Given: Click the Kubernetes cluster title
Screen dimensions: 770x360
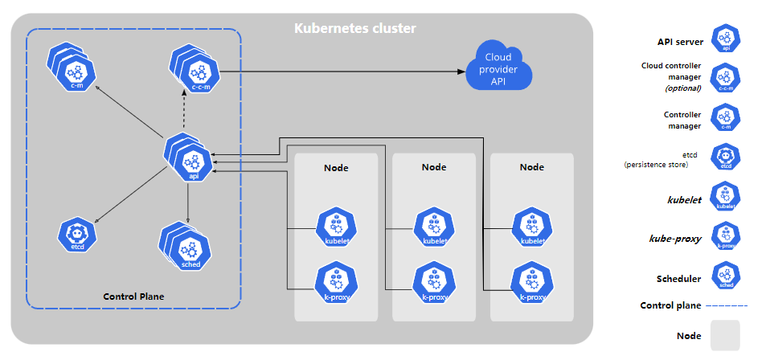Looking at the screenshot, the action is [x=355, y=28].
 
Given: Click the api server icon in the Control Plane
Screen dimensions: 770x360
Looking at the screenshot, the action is [x=189, y=157].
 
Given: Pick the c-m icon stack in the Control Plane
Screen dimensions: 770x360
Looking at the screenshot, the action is [x=72, y=67].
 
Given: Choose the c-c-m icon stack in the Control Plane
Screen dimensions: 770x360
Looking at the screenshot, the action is [x=194, y=68].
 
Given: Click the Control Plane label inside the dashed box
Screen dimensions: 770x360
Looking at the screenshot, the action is [x=133, y=297].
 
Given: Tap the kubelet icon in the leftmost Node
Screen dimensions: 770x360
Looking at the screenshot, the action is [x=337, y=229].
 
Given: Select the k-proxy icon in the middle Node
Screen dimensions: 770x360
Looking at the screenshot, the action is [x=434, y=284].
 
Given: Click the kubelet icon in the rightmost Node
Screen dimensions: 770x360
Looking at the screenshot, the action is [x=532, y=229].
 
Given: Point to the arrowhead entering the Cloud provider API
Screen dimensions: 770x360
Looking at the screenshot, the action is [x=461, y=72].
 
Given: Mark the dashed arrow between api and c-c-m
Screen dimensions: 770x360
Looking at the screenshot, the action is [x=185, y=112].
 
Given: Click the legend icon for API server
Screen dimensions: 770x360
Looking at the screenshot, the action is [x=726, y=39].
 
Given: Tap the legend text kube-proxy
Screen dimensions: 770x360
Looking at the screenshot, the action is [x=674, y=239].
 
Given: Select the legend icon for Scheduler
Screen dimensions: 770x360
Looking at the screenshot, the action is [x=726, y=275].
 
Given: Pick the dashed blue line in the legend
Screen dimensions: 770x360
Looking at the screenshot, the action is [x=727, y=306].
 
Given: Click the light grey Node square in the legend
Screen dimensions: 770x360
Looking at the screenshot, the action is [x=725, y=335].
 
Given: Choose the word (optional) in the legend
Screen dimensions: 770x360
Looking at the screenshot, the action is [x=682, y=89].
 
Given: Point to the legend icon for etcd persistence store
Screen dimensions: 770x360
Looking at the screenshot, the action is [x=726, y=157].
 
